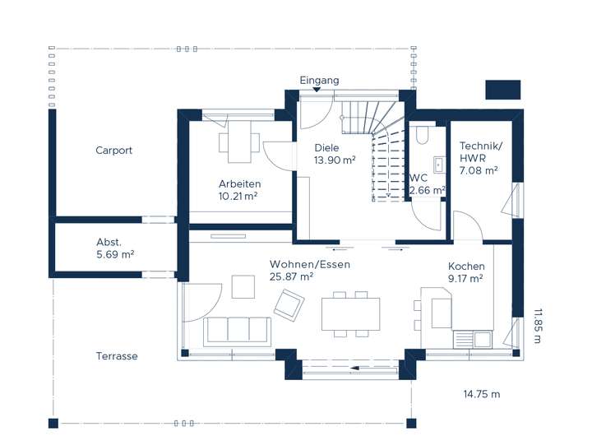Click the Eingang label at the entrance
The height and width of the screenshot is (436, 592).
click(319, 81)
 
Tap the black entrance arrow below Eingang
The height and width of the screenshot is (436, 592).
click(317, 90)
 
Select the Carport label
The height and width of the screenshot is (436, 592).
click(113, 151)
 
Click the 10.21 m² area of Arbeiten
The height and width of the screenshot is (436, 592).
click(238, 196)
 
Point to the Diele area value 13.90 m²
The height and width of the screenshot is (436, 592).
click(335, 160)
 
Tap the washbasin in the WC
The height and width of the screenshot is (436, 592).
click(439, 165)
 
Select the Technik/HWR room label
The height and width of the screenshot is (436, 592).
click(480, 152)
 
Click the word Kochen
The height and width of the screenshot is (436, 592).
click(466, 266)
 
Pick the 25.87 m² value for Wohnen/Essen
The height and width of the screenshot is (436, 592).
click(291, 276)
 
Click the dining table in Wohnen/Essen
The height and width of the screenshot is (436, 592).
click(350, 314)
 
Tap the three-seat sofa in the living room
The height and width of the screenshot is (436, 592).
click(238, 332)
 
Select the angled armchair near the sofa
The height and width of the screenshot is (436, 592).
click(289, 305)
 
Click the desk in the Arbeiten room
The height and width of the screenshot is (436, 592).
click(239, 141)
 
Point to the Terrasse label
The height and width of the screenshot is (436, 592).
click(117, 356)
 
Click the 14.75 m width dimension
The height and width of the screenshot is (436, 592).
click(482, 394)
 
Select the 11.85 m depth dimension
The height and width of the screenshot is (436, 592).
click(538, 326)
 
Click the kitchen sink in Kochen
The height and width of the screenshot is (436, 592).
click(473, 339)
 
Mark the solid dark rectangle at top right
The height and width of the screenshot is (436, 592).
click(503, 90)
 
